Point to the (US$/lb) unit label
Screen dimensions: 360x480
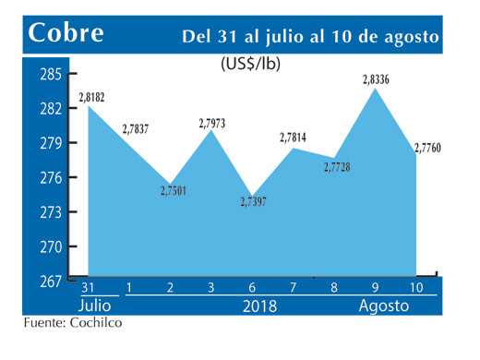[x=251, y=65]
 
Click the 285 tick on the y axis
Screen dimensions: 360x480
[x=52, y=75]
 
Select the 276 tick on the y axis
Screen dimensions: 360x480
[x=52, y=178]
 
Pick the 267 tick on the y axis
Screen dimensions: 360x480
[x=52, y=282]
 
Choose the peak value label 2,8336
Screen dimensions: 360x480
[x=377, y=81]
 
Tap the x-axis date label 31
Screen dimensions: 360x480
[x=90, y=288]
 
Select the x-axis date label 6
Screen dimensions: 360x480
[x=252, y=288]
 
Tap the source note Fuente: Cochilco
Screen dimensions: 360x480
[x=73, y=324]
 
